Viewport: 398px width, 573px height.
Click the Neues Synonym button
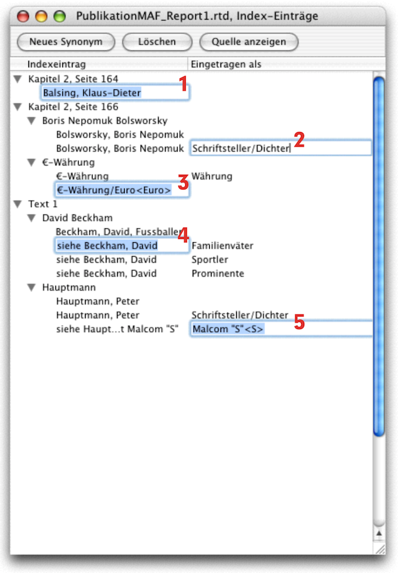coord(65,42)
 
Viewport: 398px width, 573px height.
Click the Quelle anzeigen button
coord(249,42)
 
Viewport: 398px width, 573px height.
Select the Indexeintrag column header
coord(57,64)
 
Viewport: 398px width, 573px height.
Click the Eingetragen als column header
coord(225,64)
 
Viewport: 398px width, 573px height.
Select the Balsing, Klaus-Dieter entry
coord(92,93)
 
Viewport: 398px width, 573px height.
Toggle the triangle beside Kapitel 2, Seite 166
coord(17,107)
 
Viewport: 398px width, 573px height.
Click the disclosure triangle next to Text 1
coord(17,204)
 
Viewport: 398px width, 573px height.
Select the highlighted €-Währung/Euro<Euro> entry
coord(113,190)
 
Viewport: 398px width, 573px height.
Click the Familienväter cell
coord(222,246)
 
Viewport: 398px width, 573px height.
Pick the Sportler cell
coord(210,260)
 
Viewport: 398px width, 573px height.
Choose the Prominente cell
coord(218,274)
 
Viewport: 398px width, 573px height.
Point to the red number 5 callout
coord(300,322)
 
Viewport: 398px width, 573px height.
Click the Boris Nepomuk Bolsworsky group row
coord(105,121)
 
